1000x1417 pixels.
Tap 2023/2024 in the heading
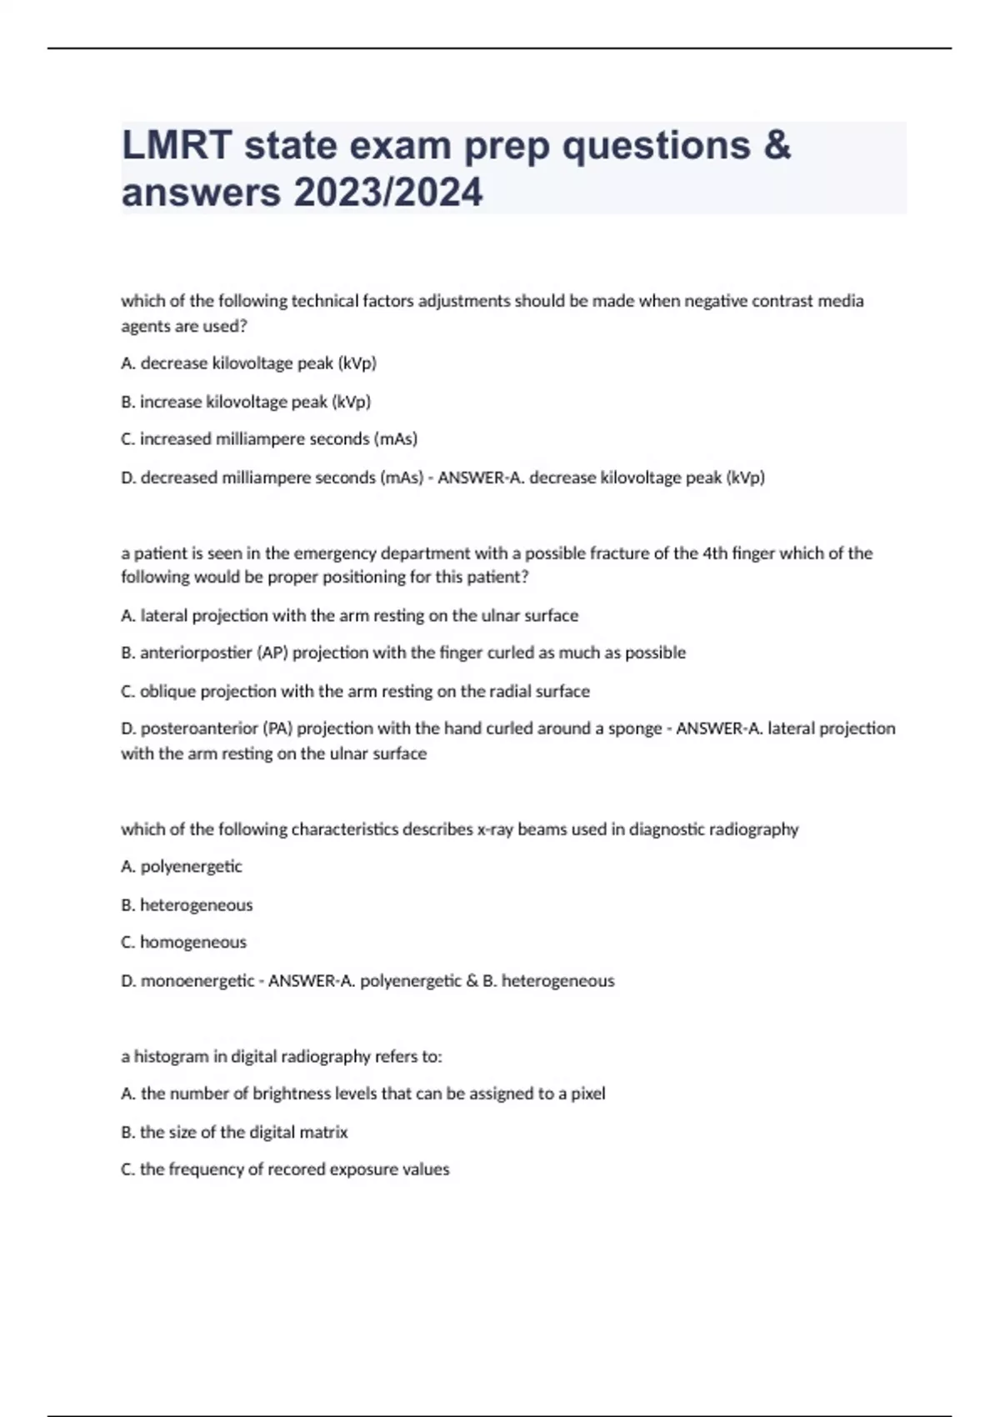pyautogui.click(x=387, y=193)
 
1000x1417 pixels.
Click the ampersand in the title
pyautogui.click(x=776, y=146)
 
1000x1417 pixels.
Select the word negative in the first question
pyautogui.click(x=716, y=301)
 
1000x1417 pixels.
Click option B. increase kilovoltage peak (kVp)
pyautogui.click(x=246, y=402)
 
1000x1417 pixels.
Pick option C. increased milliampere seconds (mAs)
pyautogui.click(x=269, y=439)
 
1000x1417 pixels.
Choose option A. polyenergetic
pyautogui.click(x=182, y=867)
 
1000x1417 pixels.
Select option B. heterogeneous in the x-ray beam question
pyautogui.click(x=187, y=905)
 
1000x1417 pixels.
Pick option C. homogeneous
pyautogui.click(x=184, y=943)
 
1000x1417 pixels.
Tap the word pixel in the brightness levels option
pyautogui.click(x=587, y=1094)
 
